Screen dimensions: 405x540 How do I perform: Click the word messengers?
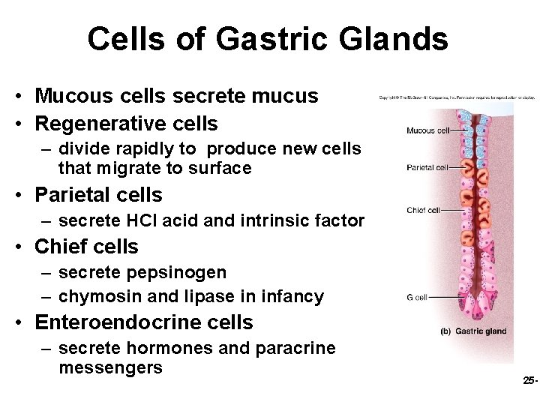click(110, 367)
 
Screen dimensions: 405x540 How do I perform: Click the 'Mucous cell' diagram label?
click(428, 130)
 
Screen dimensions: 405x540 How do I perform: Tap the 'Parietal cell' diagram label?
click(428, 167)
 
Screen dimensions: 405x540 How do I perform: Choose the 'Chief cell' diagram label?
click(423, 209)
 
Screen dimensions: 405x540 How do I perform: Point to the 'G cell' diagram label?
click(416, 298)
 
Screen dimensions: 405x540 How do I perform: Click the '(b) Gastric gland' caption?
click(474, 331)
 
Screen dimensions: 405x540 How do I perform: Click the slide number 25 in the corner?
click(529, 381)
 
